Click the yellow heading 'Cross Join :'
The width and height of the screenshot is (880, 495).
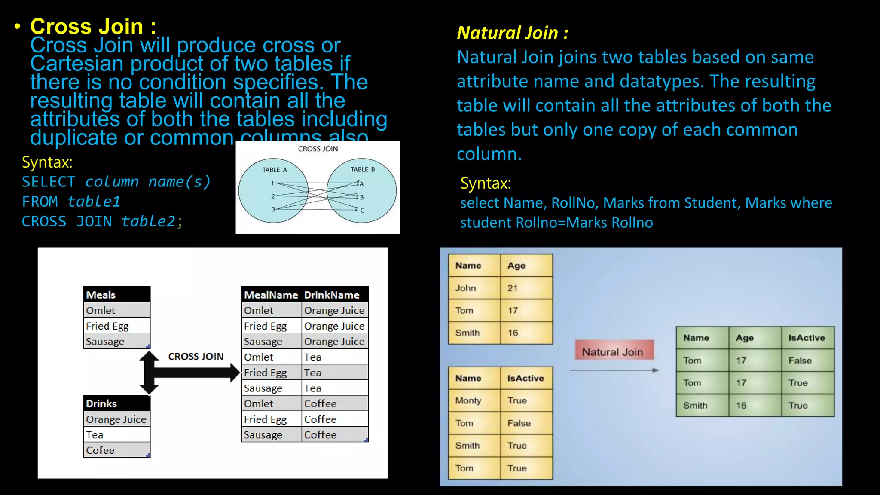[93, 27]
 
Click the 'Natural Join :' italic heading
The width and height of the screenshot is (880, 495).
[512, 33]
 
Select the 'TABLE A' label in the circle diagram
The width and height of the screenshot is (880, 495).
[275, 170]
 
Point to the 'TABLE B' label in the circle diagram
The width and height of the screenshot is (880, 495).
[363, 169]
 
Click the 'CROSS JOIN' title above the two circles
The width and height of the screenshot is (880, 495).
[318, 149]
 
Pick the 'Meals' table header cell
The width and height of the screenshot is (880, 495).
[101, 295]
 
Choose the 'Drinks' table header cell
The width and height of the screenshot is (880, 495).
[101, 403]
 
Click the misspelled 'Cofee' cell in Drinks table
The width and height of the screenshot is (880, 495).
[100, 450]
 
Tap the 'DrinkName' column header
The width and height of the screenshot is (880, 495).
[332, 295]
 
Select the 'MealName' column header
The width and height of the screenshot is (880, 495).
[271, 295]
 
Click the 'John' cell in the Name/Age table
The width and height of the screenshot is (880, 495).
[466, 288]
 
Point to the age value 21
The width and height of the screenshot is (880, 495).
[513, 288]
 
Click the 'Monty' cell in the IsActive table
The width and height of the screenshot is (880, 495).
[468, 400]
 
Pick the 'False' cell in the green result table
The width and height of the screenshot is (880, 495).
[800, 361]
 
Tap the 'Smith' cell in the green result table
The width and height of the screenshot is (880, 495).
[695, 405]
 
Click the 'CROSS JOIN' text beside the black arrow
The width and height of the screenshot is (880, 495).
[196, 356]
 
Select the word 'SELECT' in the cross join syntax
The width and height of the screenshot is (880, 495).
[49, 182]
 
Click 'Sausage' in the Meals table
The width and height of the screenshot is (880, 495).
[105, 342]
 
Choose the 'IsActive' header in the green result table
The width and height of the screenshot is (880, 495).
[807, 338]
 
